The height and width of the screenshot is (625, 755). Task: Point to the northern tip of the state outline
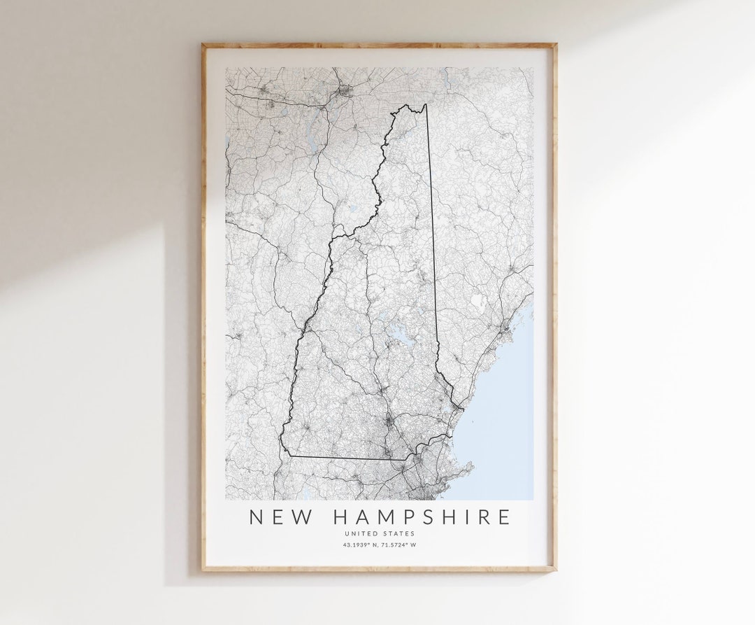click(424, 105)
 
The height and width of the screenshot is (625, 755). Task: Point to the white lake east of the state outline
click(477, 301)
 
